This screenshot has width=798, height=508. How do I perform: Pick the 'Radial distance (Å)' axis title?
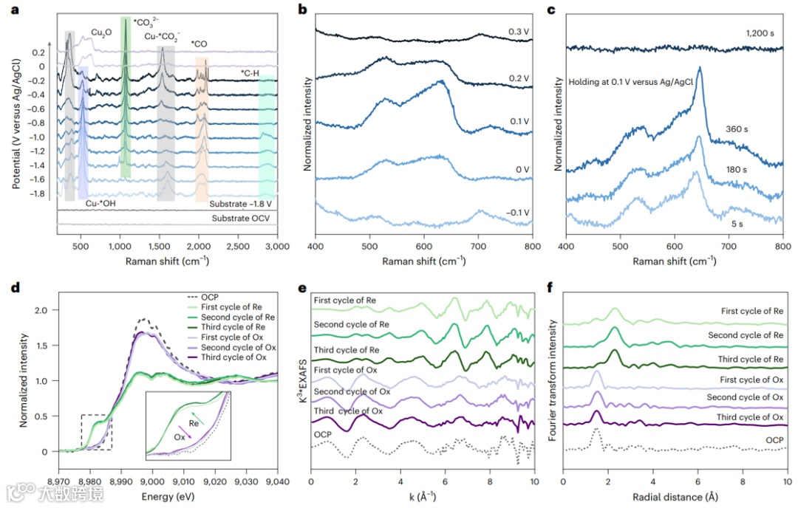tap(675, 487)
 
